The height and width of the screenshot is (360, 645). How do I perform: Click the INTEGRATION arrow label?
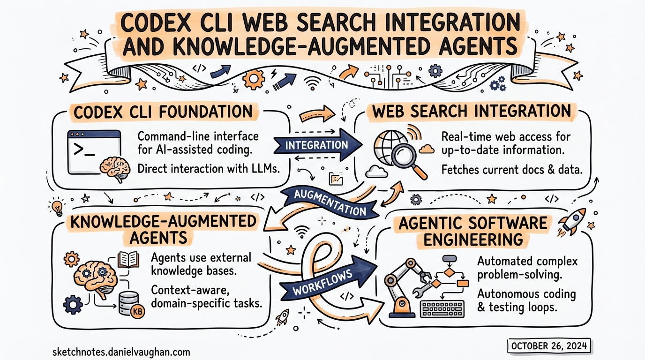coord(316,145)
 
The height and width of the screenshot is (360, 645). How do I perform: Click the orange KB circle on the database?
coord(138,312)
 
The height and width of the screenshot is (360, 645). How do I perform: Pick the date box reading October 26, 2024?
coord(549,346)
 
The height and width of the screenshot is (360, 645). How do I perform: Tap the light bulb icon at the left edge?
coord(57,207)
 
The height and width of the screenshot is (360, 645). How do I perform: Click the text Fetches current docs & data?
coord(512,170)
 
